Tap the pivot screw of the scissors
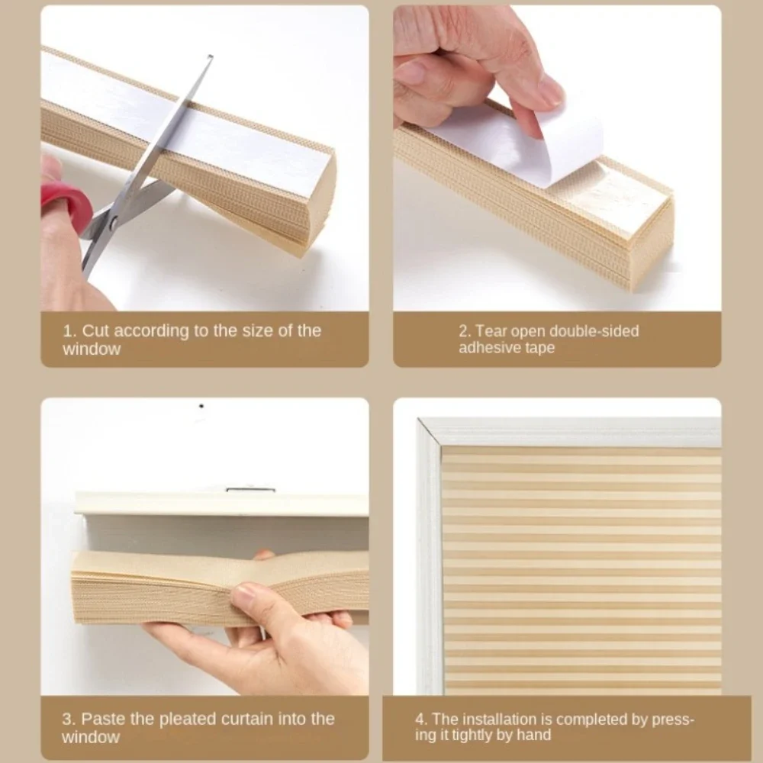click(113, 221)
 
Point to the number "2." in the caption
click(465, 331)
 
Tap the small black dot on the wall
click(201, 406)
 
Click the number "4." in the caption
click(421, 719)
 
